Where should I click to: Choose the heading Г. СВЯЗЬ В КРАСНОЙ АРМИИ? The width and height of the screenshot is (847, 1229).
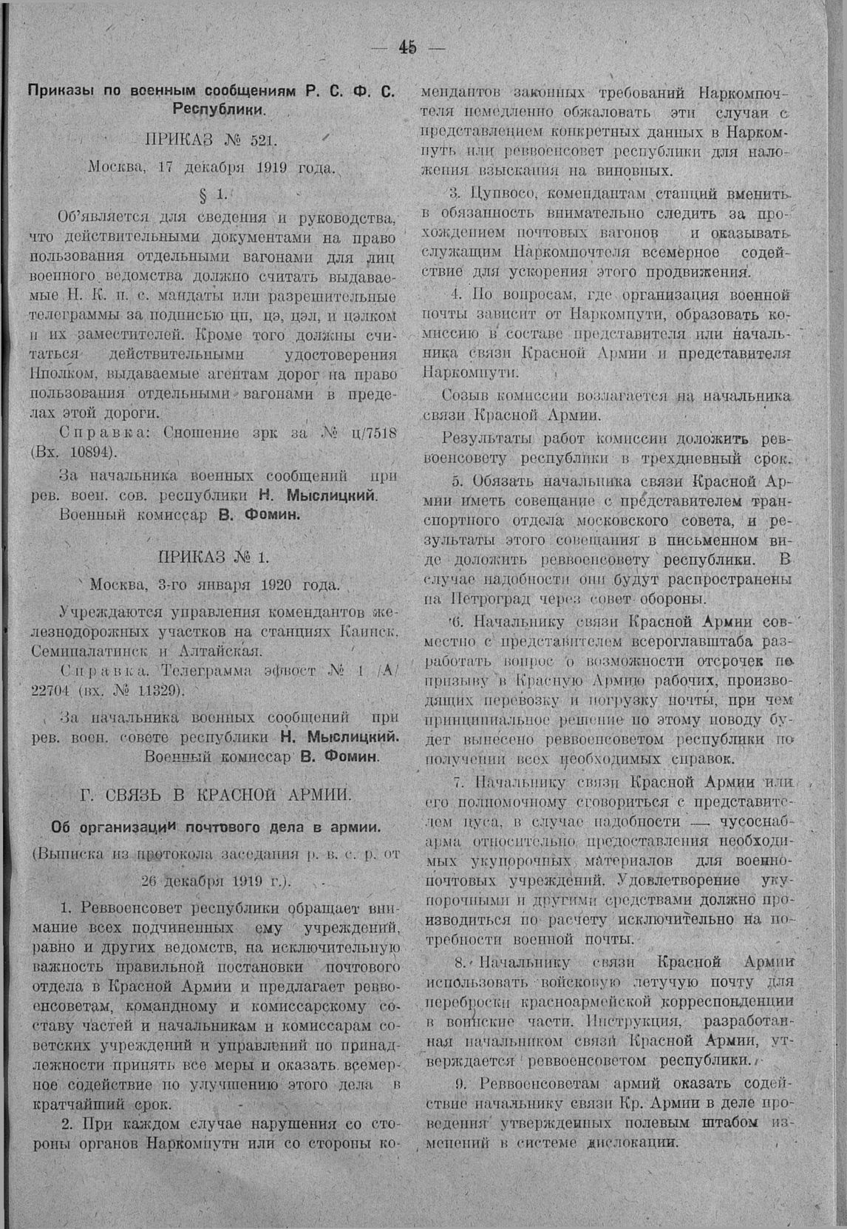pyautogui.click(x=214, y=795)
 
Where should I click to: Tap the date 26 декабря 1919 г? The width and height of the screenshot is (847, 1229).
pyautogui.click(x=214, y=881)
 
